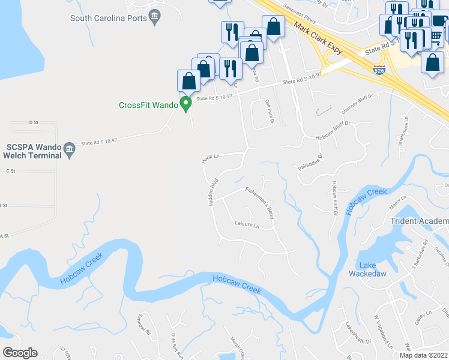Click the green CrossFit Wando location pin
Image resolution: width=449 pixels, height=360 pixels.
tap(186, 104)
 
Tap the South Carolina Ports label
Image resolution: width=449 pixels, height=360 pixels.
tap(109, 18)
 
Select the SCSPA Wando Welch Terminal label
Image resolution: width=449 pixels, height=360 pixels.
tap(34, 151)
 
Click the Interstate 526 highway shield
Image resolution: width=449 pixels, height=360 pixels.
tap(379, 70)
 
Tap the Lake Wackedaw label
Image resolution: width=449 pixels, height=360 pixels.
tap(367, 269)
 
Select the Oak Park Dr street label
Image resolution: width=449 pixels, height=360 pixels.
tap(268, 112)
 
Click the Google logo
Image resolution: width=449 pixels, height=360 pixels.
tap(20, 353)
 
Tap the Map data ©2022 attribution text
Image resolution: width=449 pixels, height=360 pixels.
tap(424, 355)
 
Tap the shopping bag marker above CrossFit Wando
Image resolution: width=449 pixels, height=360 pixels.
tap(188, 81)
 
